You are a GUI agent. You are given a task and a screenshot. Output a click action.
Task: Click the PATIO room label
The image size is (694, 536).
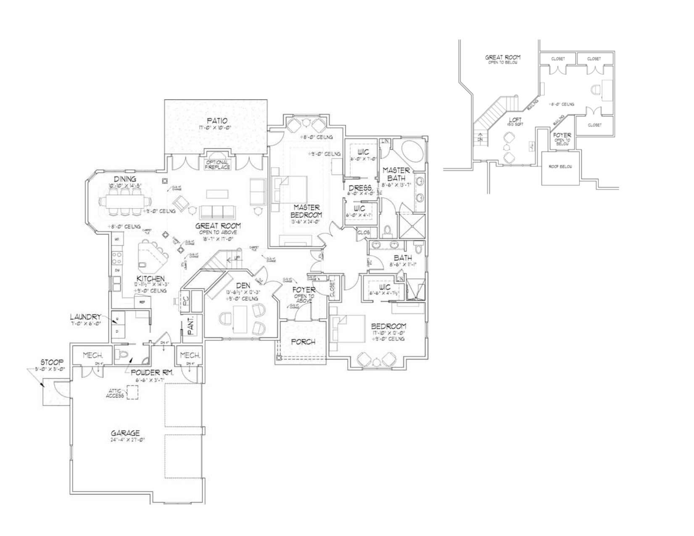[x=217, y=121]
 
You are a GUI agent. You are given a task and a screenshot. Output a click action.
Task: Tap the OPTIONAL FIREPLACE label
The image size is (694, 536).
[x=217, y=165]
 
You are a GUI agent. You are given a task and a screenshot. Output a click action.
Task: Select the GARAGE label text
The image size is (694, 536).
[x=125, y=433]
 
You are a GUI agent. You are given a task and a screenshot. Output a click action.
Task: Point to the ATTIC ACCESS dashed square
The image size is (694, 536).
[x=132, y=393]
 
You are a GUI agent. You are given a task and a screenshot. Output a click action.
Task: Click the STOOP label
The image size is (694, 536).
[x=52, y=362]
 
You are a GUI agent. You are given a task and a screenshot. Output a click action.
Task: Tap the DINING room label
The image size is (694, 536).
[x=125, y=180]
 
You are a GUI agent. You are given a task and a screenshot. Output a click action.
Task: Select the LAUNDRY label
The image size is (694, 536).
[x=85, y=317]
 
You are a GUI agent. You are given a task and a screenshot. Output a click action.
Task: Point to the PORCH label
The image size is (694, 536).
[x=303, y=342]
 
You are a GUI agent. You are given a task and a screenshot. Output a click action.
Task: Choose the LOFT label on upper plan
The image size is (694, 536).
[x=515, y=120]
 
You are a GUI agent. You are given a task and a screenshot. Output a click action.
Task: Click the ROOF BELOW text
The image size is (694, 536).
[x=560, y=167]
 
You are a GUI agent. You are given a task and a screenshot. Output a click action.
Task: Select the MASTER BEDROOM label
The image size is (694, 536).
[x=306, y=211]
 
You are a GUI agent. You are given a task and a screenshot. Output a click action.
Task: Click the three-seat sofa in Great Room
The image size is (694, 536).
[x=217, y=211]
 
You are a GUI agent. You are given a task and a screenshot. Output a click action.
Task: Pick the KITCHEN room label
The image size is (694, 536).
[x=150, y=279]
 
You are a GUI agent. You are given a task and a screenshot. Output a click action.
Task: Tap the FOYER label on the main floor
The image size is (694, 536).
[x=304, y=290]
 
